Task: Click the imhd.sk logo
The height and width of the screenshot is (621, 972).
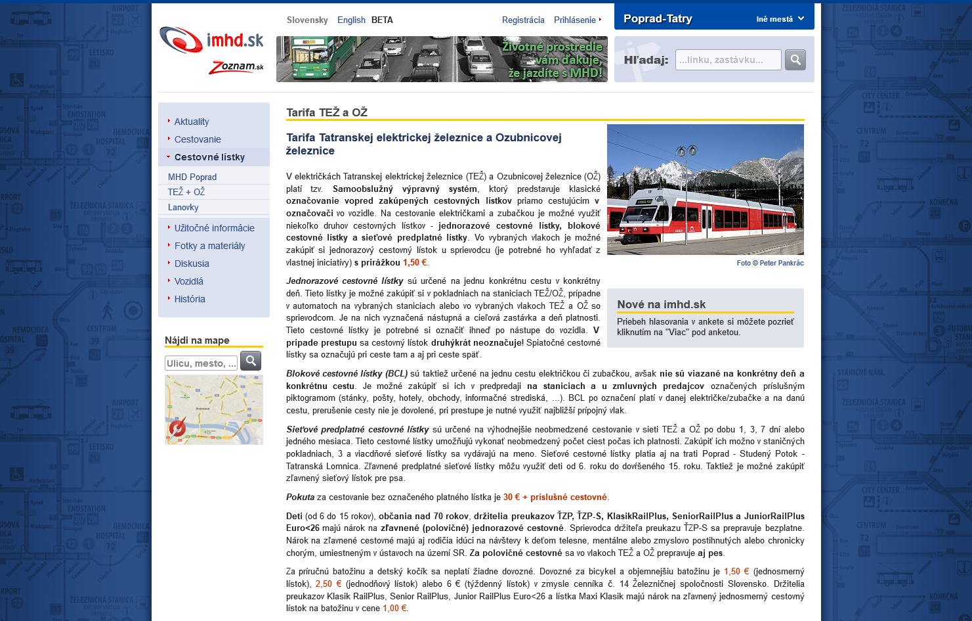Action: click(211, 41)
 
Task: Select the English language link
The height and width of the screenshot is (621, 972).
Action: click(351, 20)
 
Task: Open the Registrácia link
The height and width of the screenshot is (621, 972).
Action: click(523, 20)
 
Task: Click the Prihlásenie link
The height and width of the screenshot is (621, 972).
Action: click(575, 20)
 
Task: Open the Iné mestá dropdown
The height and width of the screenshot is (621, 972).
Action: click(780, 19)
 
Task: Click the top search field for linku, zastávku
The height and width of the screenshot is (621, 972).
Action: click(728, 60)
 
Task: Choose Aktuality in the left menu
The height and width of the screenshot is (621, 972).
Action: click(192, 122)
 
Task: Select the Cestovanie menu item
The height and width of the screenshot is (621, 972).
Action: click(198, 139)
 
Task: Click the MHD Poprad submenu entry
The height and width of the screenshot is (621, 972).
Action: click(192, 177)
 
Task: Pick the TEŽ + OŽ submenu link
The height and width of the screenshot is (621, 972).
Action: click(186, 192)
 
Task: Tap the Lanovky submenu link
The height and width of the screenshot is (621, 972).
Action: click(183, 207)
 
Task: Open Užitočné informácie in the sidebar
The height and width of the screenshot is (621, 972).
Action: click(214, 228)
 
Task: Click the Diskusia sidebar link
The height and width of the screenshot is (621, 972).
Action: click(192, 264)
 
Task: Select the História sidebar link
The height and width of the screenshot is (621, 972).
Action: click(190, 299)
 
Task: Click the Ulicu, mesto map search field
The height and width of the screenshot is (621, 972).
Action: click(201, 363)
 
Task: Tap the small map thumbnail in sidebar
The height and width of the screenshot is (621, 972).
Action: click(214, 409)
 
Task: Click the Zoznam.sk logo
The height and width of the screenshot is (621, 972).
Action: click(236, 67)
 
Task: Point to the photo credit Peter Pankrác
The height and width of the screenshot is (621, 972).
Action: click(770, 263)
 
